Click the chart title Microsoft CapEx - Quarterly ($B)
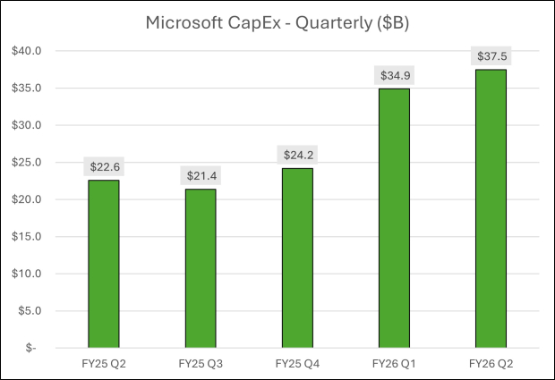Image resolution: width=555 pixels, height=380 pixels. pos(277,24)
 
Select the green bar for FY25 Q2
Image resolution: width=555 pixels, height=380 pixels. pos(104,264)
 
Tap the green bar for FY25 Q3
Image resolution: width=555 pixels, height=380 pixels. pos(201,268)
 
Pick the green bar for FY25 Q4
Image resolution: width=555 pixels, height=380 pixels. pos(297,258)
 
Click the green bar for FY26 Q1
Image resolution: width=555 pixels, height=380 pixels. pos(394,218)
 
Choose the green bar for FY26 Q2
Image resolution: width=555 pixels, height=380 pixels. pos(491,208)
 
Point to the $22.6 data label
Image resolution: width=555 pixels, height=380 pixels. pos(104,166)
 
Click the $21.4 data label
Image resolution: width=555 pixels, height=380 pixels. pos(201,175)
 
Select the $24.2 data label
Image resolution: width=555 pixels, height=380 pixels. pos(297,155)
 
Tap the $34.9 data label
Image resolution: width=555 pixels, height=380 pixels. pos(394,75)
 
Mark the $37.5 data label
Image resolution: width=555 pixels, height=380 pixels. pos(491,56)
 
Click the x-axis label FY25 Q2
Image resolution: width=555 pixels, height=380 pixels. pos(104,363)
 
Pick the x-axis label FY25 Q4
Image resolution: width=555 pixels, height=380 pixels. pos(297,363)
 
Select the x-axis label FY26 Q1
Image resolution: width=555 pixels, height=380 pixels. pos(394,363)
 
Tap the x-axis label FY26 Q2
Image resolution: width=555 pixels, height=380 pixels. pos(491,363)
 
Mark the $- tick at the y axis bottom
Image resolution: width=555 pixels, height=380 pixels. pos(32,348)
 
